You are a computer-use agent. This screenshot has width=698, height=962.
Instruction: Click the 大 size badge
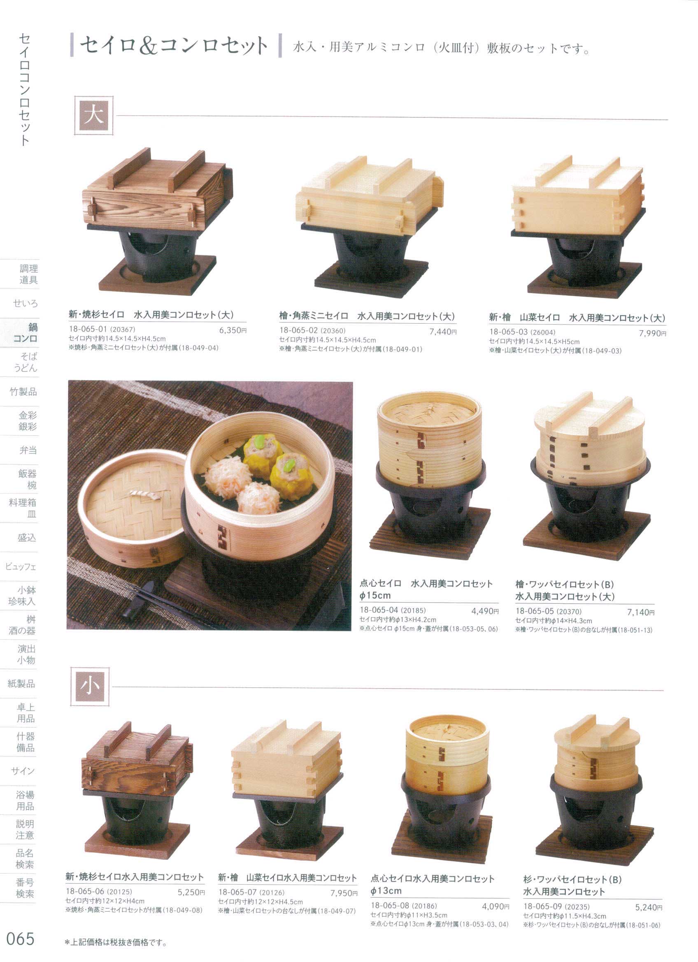tap(94, 115)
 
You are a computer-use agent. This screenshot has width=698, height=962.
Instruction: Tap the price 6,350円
tap(233, 330)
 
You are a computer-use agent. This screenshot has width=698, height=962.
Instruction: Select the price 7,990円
tap(652, 334)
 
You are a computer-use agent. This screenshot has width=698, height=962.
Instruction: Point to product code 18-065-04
tap(379, 610)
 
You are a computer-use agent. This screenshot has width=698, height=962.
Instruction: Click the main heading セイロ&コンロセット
tap(174, 45)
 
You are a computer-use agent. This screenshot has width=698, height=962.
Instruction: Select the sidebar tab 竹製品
tap(23, 392)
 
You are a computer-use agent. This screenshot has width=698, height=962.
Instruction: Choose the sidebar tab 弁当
tap(28, 450)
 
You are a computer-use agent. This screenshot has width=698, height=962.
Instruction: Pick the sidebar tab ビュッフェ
tap(21, 566)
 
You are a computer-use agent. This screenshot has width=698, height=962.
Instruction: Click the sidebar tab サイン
tap(23, 771)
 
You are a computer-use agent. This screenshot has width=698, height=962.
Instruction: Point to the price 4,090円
tap(496, 905)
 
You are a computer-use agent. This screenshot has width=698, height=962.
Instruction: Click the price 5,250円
tap(191, 892)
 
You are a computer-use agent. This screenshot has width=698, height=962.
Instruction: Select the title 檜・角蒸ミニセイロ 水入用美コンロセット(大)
tap(367, 316)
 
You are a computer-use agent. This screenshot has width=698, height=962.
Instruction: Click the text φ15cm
tap(375, 595)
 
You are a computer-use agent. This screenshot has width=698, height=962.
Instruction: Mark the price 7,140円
tap(641, 612)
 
